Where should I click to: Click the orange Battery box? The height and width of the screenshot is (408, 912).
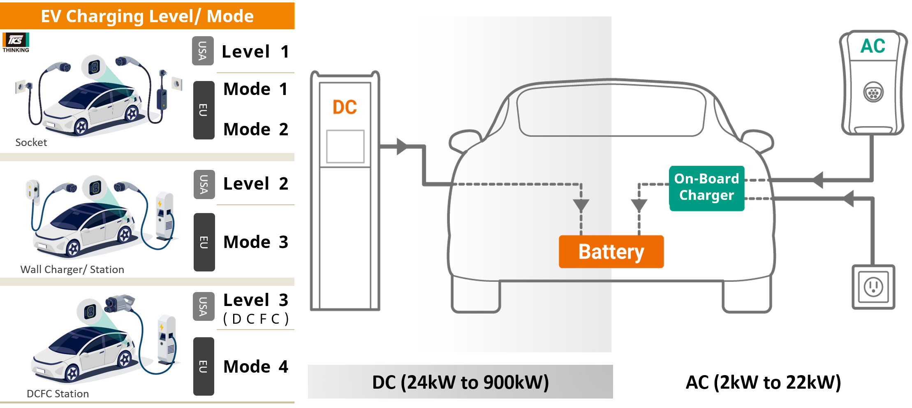coord(611,252)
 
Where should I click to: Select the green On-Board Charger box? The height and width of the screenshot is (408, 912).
coord(706,188)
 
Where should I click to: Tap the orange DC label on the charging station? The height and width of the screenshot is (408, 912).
coord(345,107)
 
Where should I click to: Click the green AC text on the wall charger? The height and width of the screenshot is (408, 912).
coord(873,46)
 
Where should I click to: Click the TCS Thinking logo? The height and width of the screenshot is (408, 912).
coord(16,42)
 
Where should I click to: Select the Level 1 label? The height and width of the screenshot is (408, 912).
coord(255,52)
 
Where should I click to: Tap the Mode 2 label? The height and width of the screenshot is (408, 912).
coord(255,129)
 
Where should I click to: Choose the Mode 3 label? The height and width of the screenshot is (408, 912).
coord(255,242)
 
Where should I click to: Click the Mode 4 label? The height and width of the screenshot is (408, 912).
coord(255,366)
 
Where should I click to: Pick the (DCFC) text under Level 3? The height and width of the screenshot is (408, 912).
coord(256,319)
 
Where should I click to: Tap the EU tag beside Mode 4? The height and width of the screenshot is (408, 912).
coord(204,366)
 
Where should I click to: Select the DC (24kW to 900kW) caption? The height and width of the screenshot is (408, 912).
coord(460,382)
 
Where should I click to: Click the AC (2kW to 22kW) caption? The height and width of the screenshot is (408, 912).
coord(763,382)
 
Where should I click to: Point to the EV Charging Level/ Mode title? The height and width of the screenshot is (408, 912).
coord(147,16)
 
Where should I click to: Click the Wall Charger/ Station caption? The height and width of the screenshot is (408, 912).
coord(72,269)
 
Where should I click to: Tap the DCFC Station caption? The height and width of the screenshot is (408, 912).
coord(58,394)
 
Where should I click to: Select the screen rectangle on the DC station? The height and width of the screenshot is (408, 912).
coord(345,146)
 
